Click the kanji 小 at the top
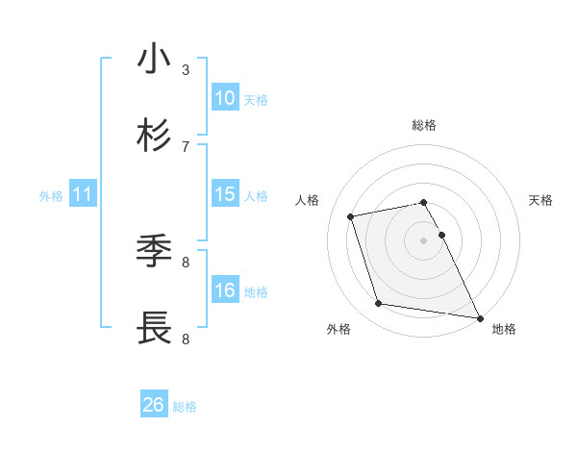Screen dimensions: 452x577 point(154,60)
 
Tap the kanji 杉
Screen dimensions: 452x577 point(154,137)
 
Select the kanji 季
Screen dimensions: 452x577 point(154,252)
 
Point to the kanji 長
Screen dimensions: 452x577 point(154,329)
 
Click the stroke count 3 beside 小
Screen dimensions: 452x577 point(186,69)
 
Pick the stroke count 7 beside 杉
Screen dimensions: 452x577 point(186,146)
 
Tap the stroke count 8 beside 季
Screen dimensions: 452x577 point(186,262)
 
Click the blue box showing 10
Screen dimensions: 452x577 point(225,98)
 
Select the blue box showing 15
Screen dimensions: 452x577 point(225,194)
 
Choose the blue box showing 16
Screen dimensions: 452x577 point(225,290)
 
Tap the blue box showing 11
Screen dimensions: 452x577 point(83,194)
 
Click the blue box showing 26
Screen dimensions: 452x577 point(154,405)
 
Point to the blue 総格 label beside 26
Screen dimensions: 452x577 point(185,407)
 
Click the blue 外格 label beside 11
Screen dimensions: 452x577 point(51,196)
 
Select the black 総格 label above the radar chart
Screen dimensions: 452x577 point(424,125)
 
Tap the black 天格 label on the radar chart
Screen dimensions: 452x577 point(541,200)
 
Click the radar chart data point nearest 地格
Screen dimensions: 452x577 point(478,316)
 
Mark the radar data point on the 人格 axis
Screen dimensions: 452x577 point(351,215)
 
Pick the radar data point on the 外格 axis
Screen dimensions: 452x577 point(379,304)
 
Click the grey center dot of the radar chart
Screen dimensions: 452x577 point(424,240)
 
